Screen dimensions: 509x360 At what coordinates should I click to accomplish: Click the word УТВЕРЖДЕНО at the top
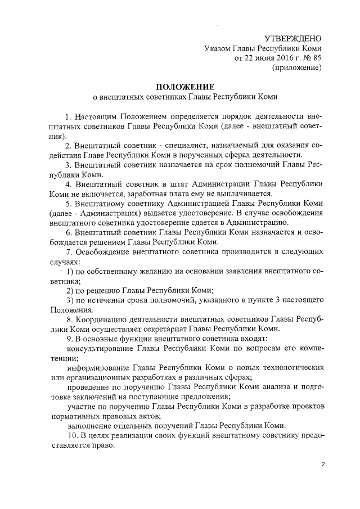click(292, 38)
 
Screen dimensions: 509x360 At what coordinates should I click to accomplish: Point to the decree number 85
click(317, 58)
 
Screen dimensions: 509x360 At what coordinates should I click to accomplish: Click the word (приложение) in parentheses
click(296, 67)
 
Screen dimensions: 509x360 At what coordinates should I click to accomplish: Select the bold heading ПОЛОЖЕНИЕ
click(185, 87)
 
